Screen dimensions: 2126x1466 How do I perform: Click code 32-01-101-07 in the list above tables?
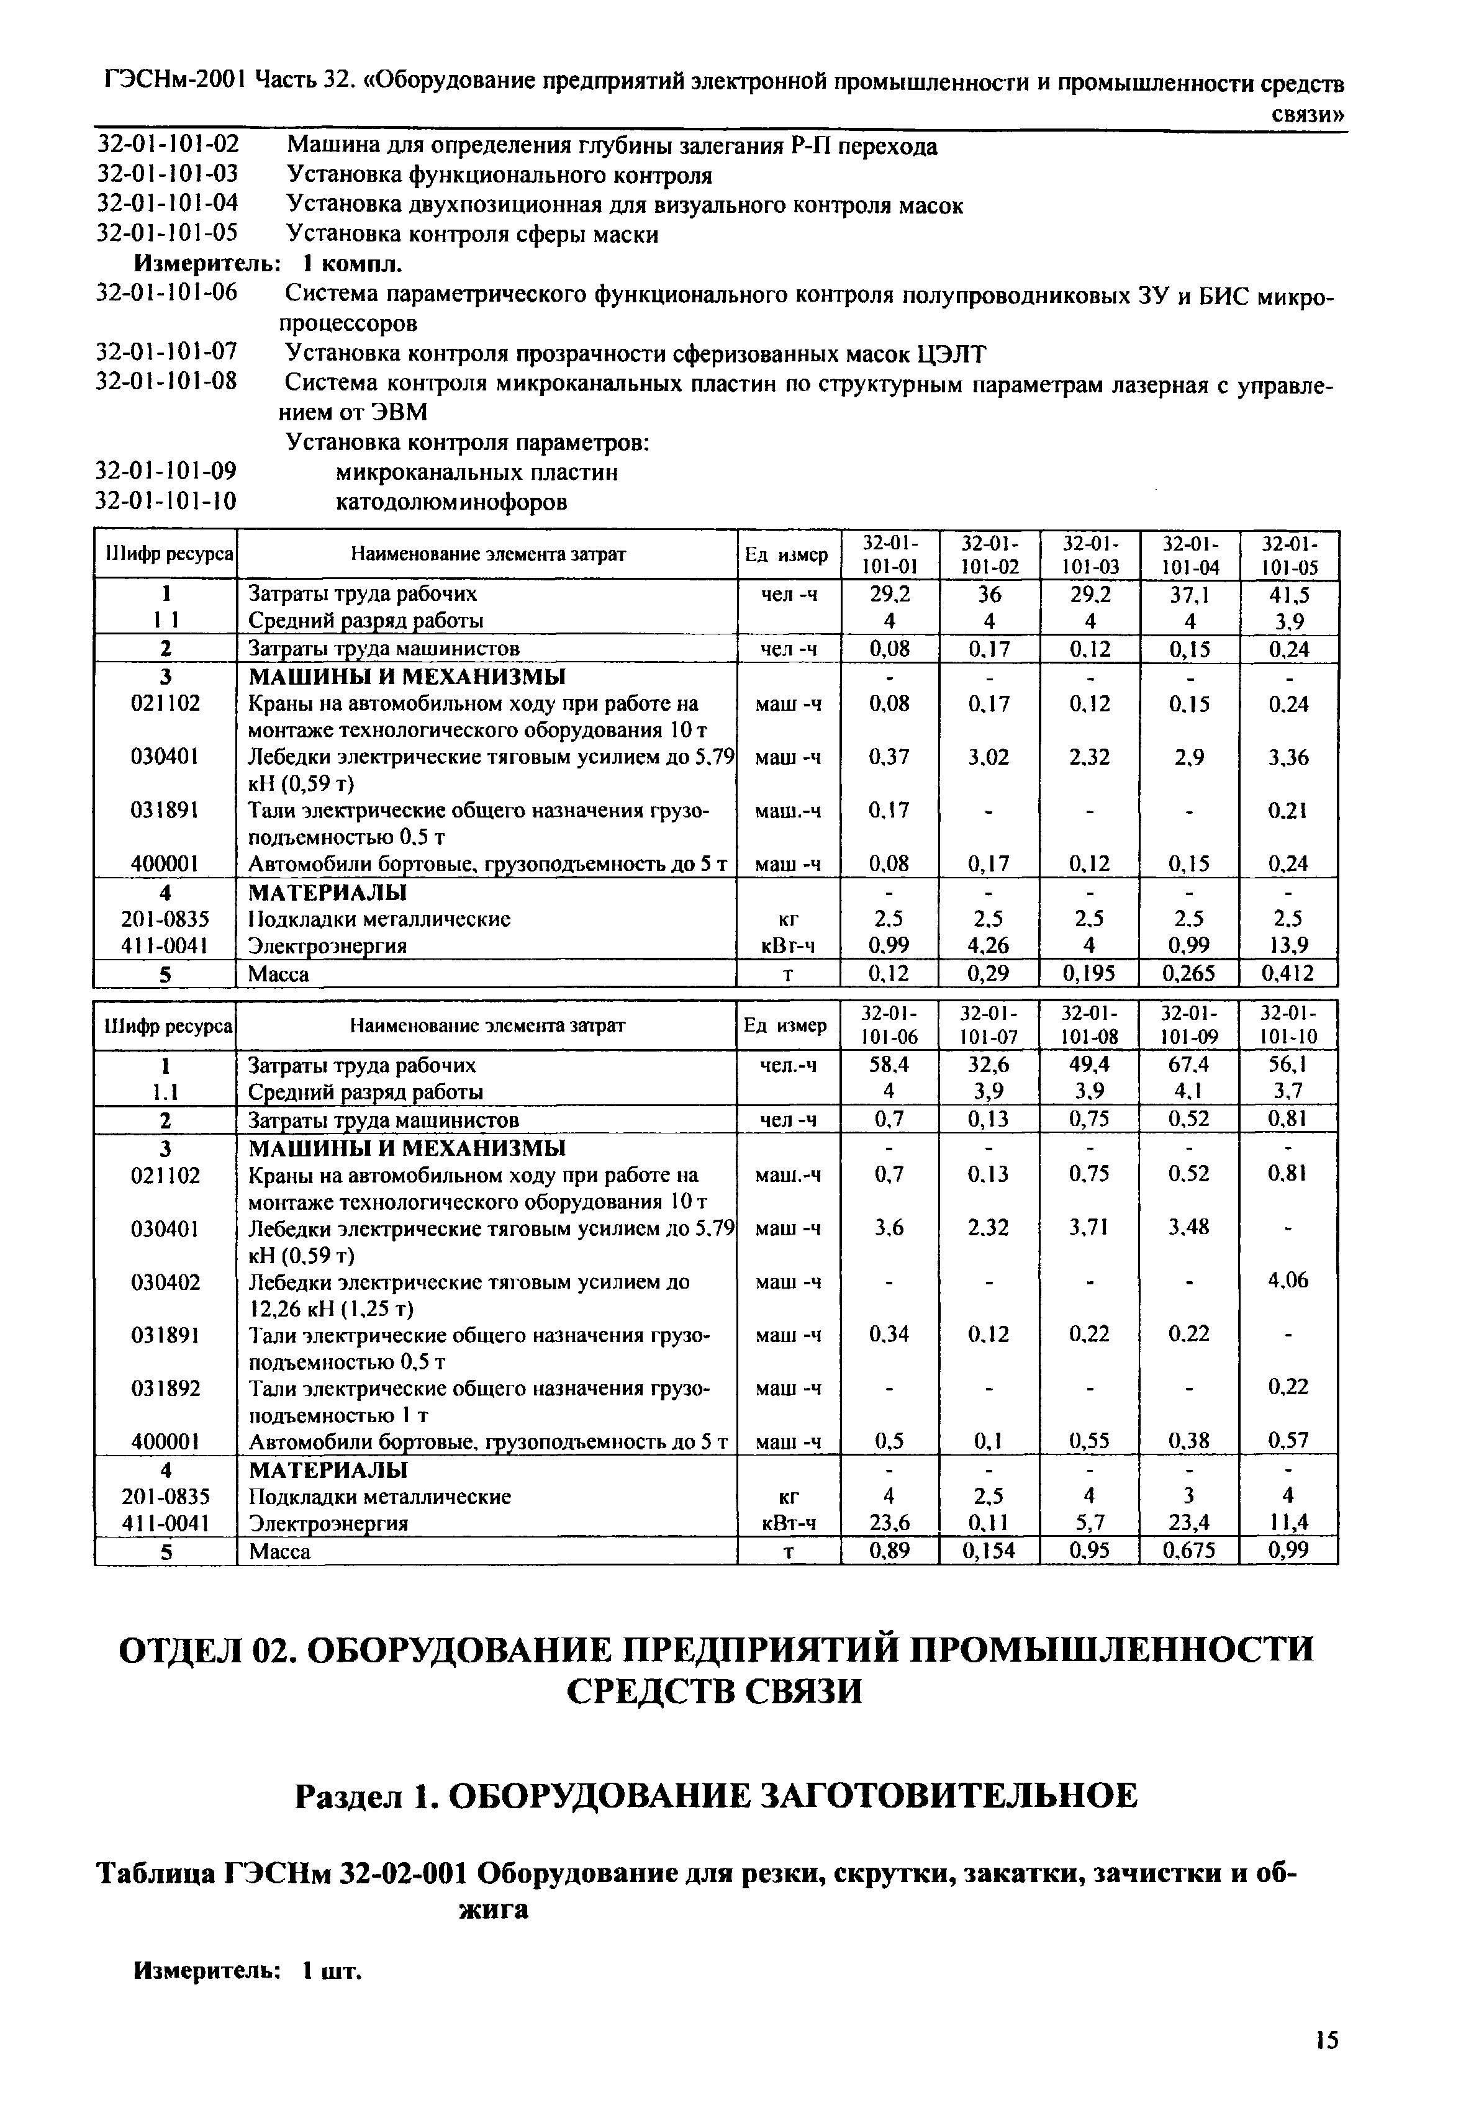point(167,352)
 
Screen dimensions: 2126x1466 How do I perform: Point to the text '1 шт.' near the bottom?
point(333,1970)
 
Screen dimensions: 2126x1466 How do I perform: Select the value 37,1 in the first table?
point(1190,594)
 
